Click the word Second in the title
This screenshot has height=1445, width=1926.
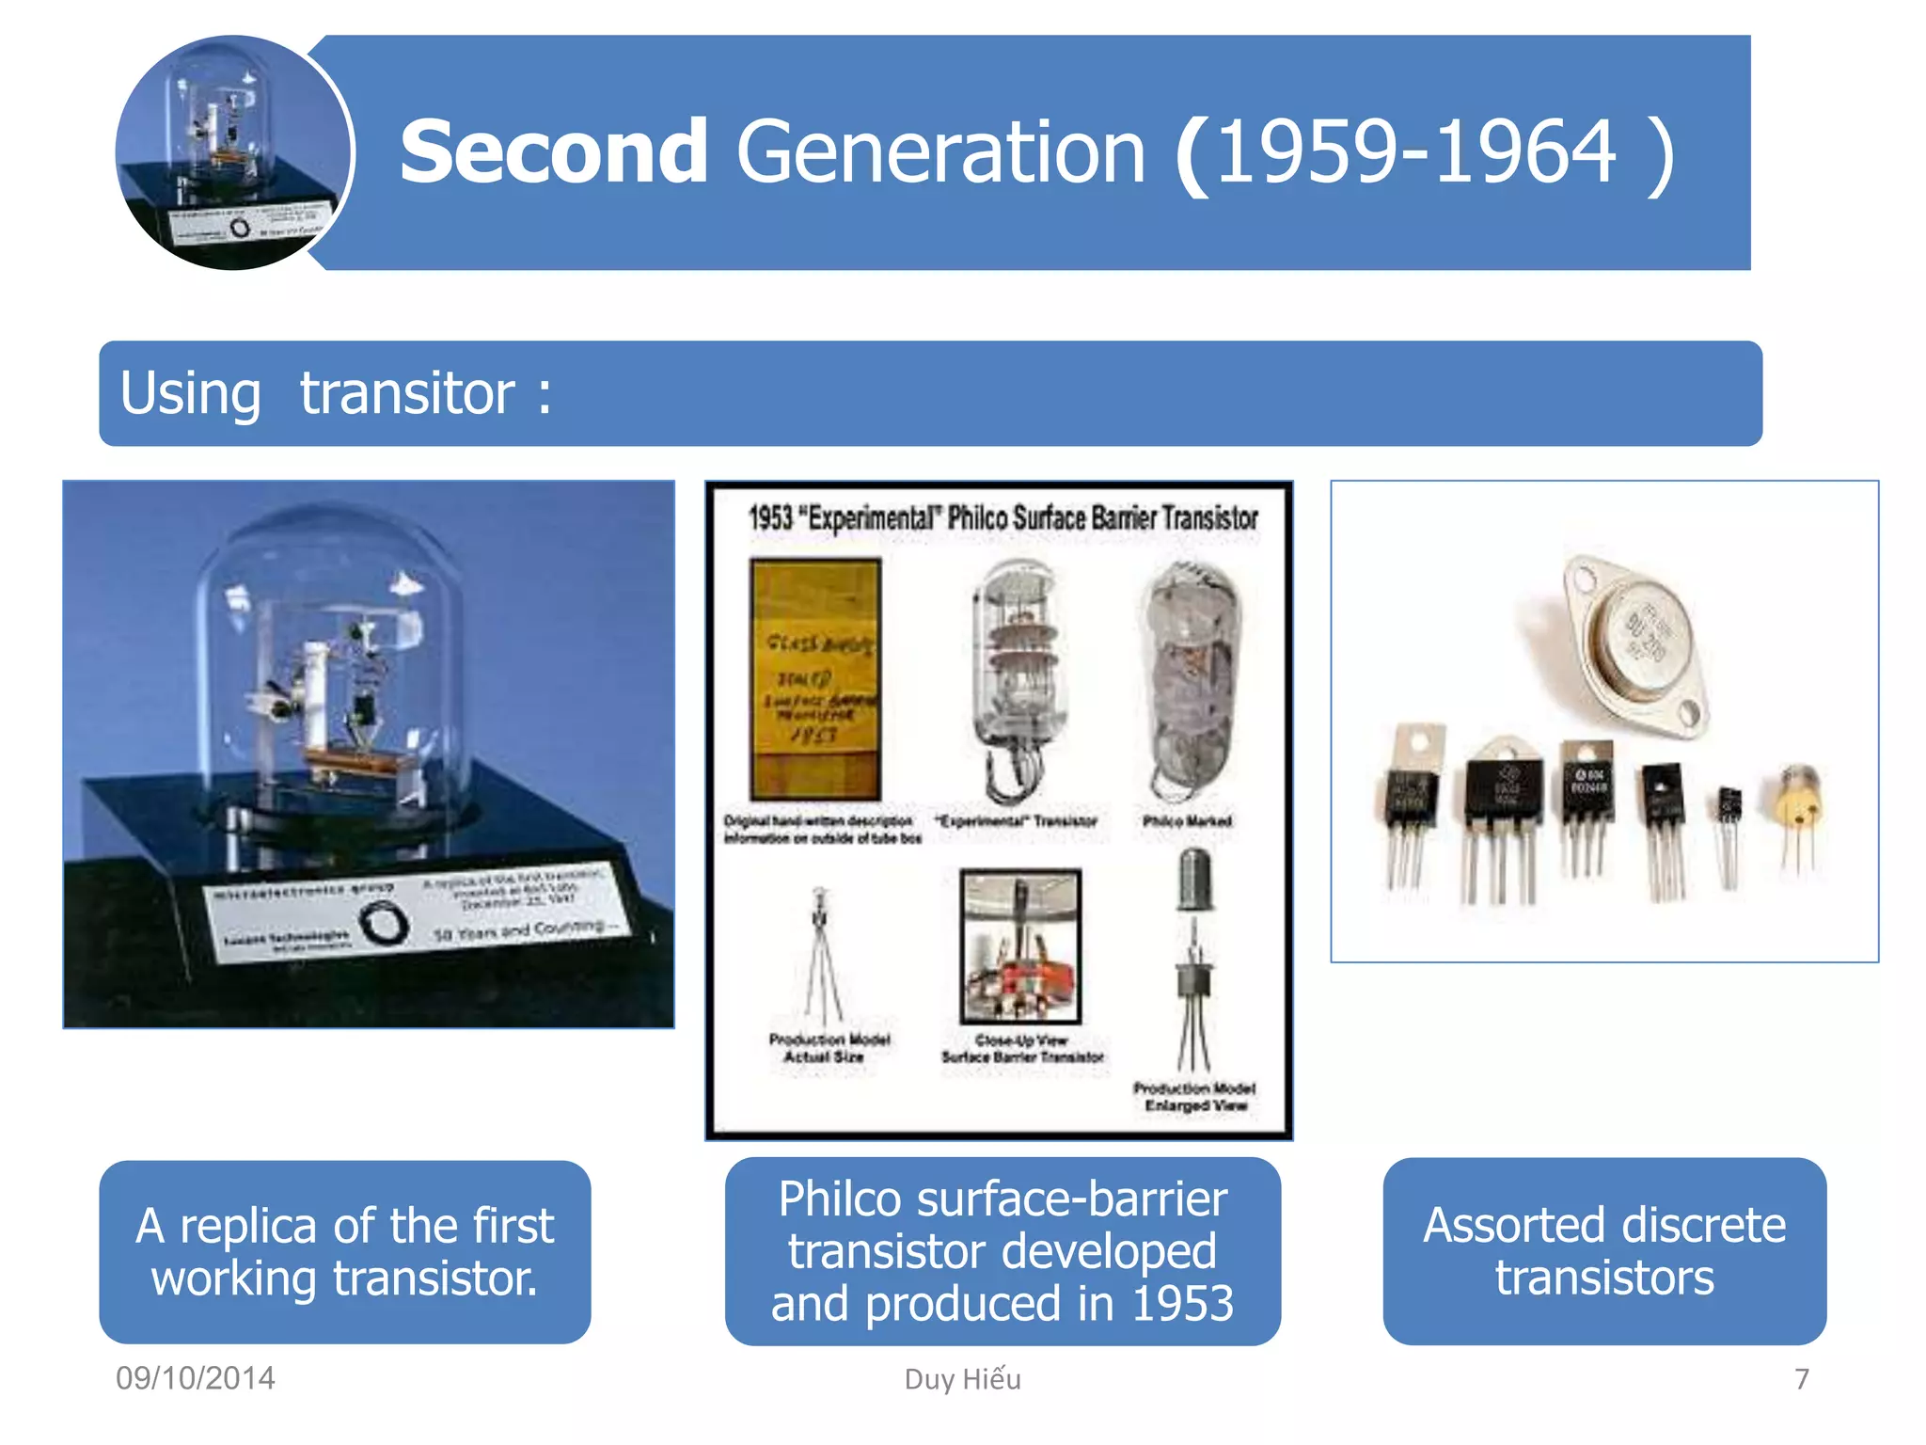553,152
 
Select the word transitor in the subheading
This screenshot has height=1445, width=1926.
406,393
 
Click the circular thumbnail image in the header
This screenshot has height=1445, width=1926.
233,152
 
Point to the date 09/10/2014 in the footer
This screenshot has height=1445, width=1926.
195,1378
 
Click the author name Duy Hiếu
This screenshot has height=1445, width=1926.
962,1379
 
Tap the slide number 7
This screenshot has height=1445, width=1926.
1801,1379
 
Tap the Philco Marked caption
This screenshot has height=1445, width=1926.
1187,821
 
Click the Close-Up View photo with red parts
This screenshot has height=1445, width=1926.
1020,946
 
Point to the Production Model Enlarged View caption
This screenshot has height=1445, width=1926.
1194,1097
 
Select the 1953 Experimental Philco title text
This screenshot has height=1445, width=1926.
1002,517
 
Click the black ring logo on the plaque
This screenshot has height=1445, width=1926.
384,923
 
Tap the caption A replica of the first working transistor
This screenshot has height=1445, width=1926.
345,1251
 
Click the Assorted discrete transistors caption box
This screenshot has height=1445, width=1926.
1604,1251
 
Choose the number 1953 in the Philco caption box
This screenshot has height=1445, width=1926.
1182,1304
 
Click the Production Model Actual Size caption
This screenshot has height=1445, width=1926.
828,1048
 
